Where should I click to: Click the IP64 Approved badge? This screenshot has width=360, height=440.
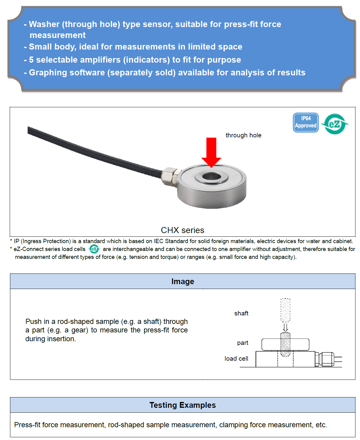tap(306, 122)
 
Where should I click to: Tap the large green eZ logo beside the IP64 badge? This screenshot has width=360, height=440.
tap(335, 124)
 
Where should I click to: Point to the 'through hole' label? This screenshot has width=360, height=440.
tap(243, 135)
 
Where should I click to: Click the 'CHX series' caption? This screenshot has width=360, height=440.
tap(182, 230)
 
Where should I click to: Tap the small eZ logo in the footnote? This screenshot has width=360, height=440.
tap(94, 249)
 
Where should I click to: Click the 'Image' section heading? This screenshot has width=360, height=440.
tap(182, 281)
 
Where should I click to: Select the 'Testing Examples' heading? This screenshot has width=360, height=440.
tap(182, 405)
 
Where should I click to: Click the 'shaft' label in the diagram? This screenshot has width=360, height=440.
tap(241, 313)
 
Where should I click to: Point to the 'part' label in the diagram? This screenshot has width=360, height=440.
tap(243, 343)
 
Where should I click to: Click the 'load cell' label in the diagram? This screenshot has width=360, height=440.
tap(236, 359)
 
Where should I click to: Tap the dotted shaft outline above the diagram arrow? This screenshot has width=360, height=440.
tap(285, 310)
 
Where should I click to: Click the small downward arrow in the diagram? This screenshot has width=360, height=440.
tap(285, 328)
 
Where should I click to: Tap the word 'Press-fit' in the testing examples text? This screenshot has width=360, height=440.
tap(27, 425)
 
